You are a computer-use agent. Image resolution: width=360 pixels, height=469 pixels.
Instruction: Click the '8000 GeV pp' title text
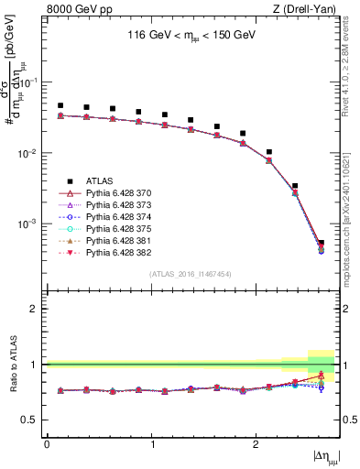80,8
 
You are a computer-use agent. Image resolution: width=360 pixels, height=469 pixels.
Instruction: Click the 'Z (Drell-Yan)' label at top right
307,8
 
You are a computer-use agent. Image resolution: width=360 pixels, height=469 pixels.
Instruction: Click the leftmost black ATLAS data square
60,106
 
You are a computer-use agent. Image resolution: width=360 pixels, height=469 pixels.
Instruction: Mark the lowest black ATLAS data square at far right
321,243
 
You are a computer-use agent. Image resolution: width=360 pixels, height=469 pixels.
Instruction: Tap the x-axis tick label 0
47,444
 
